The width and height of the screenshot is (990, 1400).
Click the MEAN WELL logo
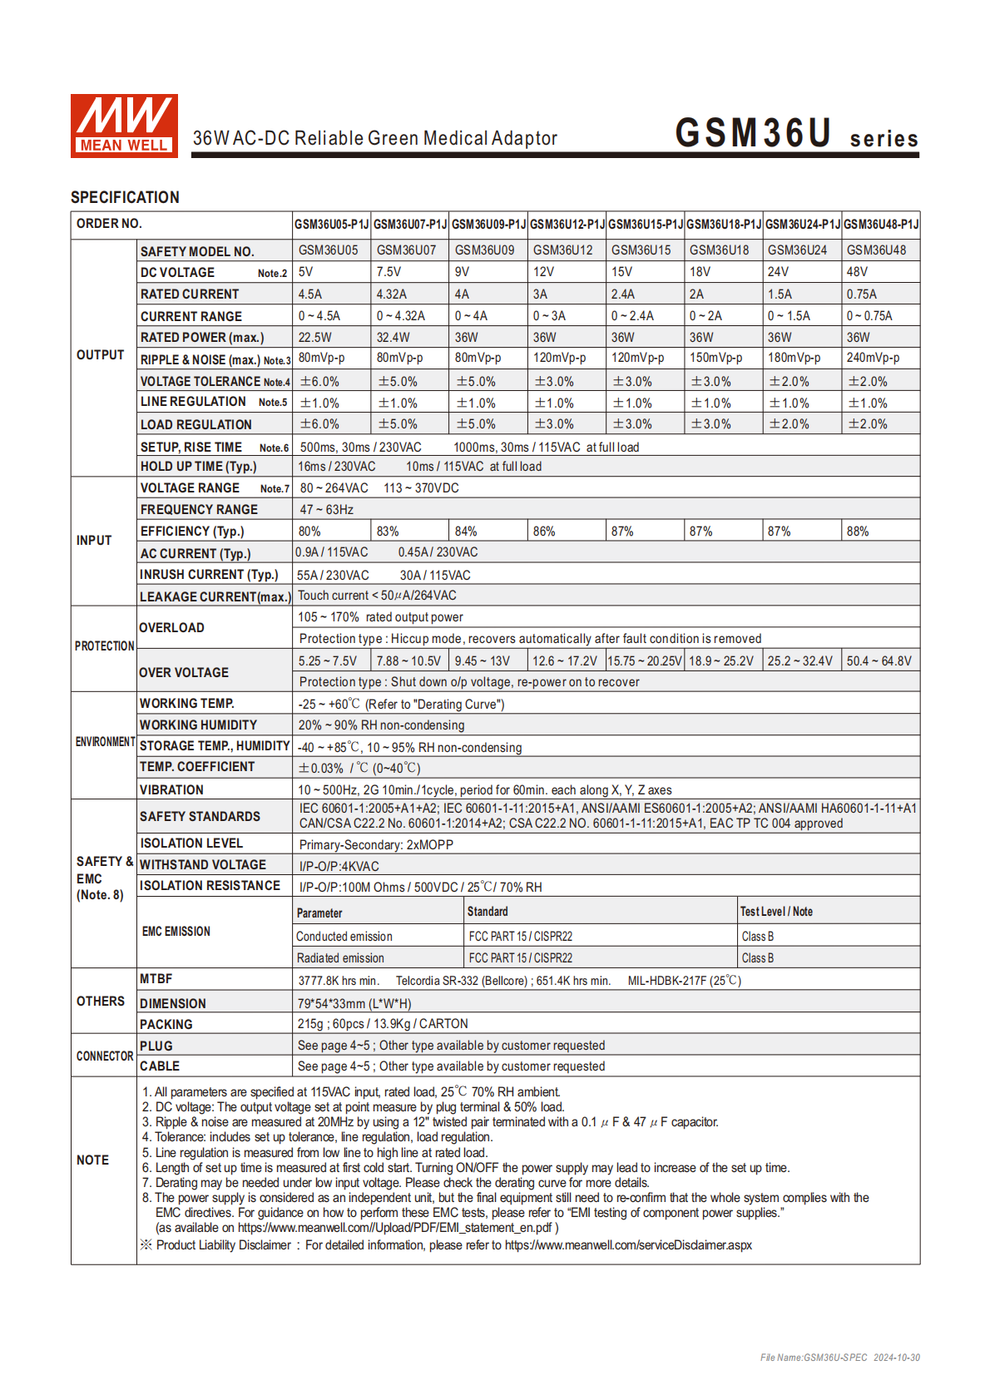124,125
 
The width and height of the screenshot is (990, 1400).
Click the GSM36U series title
796,134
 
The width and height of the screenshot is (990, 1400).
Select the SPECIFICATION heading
125,197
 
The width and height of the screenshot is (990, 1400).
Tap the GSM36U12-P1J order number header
567,225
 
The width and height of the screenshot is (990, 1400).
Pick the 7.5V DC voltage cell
389,272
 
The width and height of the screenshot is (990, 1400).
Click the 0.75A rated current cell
862,294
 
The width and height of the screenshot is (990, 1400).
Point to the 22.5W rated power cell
315,338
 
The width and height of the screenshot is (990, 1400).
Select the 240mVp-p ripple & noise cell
873,358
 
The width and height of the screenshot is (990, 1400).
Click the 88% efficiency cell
858,532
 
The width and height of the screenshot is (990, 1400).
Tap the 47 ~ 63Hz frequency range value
326,510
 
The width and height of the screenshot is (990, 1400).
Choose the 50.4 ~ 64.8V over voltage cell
879,661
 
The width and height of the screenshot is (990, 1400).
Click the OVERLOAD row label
172,628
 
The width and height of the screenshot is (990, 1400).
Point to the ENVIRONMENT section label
105,742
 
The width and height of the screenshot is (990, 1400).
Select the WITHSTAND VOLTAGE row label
203,865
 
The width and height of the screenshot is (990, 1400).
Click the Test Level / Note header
776,912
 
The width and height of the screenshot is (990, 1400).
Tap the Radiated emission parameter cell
340,958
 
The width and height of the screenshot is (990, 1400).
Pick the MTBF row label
156,979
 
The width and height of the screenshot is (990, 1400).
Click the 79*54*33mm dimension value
354,1004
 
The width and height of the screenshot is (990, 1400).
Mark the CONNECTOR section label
105,1056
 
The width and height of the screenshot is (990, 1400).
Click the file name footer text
839,1358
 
